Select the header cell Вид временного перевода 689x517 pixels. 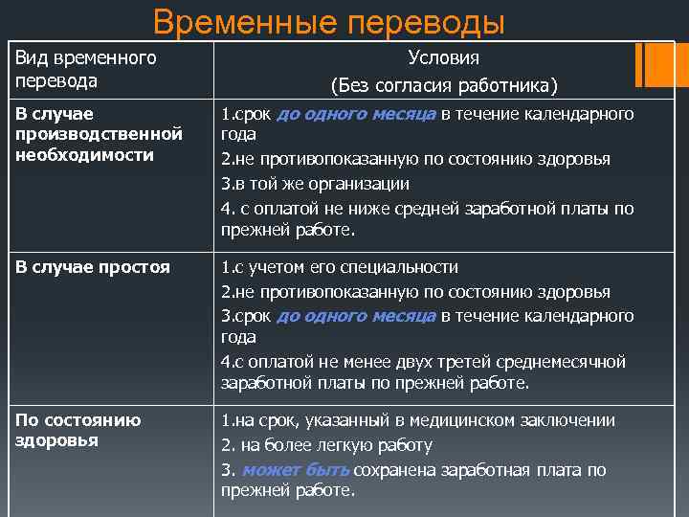pos(85,70)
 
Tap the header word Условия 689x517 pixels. pos(443,58)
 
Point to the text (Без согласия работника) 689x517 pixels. pos(443,86)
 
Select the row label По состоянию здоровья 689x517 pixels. pos(78,430)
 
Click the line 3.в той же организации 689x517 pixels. pos(315,184)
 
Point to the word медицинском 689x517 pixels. pos(468,420)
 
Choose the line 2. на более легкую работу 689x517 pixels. pos(326,445)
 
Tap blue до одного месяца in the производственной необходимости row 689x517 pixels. pos(356,115)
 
